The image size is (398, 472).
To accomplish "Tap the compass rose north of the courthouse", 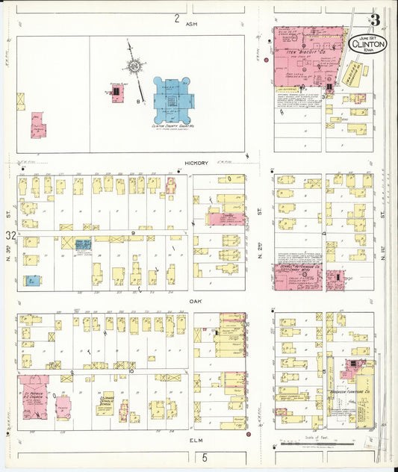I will coord(134,66).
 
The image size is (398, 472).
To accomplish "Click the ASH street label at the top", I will coord(190,24).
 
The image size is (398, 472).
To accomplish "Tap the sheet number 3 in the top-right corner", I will coord(373,20).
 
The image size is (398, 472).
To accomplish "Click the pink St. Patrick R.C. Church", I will coord(35,396).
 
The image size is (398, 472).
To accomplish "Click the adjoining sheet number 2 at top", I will coord(177,17).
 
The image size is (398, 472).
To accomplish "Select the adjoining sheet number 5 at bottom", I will coord(202,457).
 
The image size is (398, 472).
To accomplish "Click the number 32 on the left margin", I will coord(10,236).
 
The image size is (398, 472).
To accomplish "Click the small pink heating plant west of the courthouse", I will coord(117,93).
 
